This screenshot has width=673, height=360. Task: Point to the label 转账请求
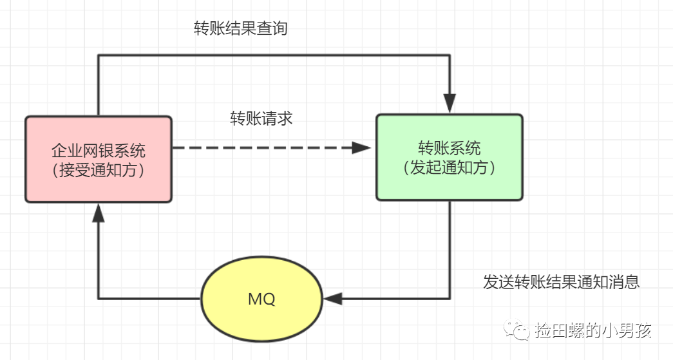pos(261,118)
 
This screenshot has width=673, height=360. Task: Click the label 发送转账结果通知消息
pos(561,282)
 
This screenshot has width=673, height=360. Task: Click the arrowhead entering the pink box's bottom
pos(98,213)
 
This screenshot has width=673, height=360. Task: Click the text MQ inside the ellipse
pos(261,299)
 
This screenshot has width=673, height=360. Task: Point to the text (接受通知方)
pos(99,170)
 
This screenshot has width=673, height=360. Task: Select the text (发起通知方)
pos(449,168)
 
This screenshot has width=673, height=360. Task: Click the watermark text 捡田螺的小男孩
pos(592,331)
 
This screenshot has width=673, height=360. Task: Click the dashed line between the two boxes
pos(258,148)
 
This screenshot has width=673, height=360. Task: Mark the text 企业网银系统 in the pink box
pos(99,151)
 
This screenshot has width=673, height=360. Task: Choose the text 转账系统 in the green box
pos(449,148)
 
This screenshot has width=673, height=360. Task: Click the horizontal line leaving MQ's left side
pos(148,299)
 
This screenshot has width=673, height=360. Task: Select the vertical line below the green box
pos(450,251)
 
